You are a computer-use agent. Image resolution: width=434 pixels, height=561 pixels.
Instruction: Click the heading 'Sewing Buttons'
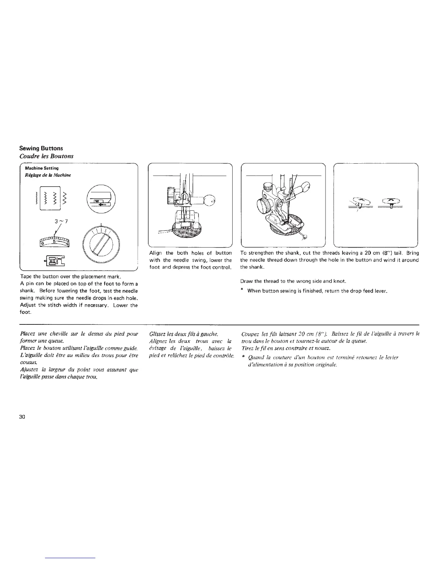41,148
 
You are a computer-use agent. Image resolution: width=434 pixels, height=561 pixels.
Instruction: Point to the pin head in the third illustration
307,237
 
